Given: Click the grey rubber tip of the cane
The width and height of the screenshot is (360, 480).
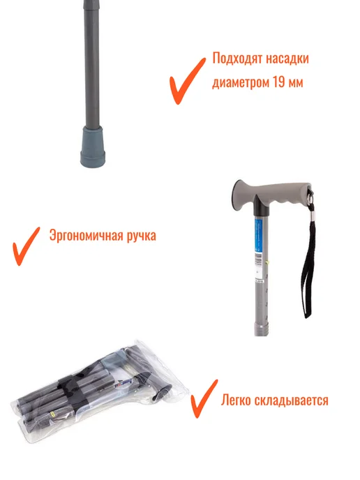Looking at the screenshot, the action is click(93, 147).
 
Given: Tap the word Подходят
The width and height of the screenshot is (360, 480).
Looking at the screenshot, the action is click(237, 58).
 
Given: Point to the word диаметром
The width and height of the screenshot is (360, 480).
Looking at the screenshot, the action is click(241, 82).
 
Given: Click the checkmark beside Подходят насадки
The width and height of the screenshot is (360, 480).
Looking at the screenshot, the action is click(187, 81).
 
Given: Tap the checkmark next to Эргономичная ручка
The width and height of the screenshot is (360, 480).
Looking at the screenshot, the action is click(26, 246).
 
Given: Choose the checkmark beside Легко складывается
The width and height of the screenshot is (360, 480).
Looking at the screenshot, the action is click(204, 398).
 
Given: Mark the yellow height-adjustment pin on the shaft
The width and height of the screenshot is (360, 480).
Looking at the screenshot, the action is click(268, 262).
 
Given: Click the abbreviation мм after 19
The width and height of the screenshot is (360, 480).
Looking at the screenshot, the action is click(296, 82).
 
